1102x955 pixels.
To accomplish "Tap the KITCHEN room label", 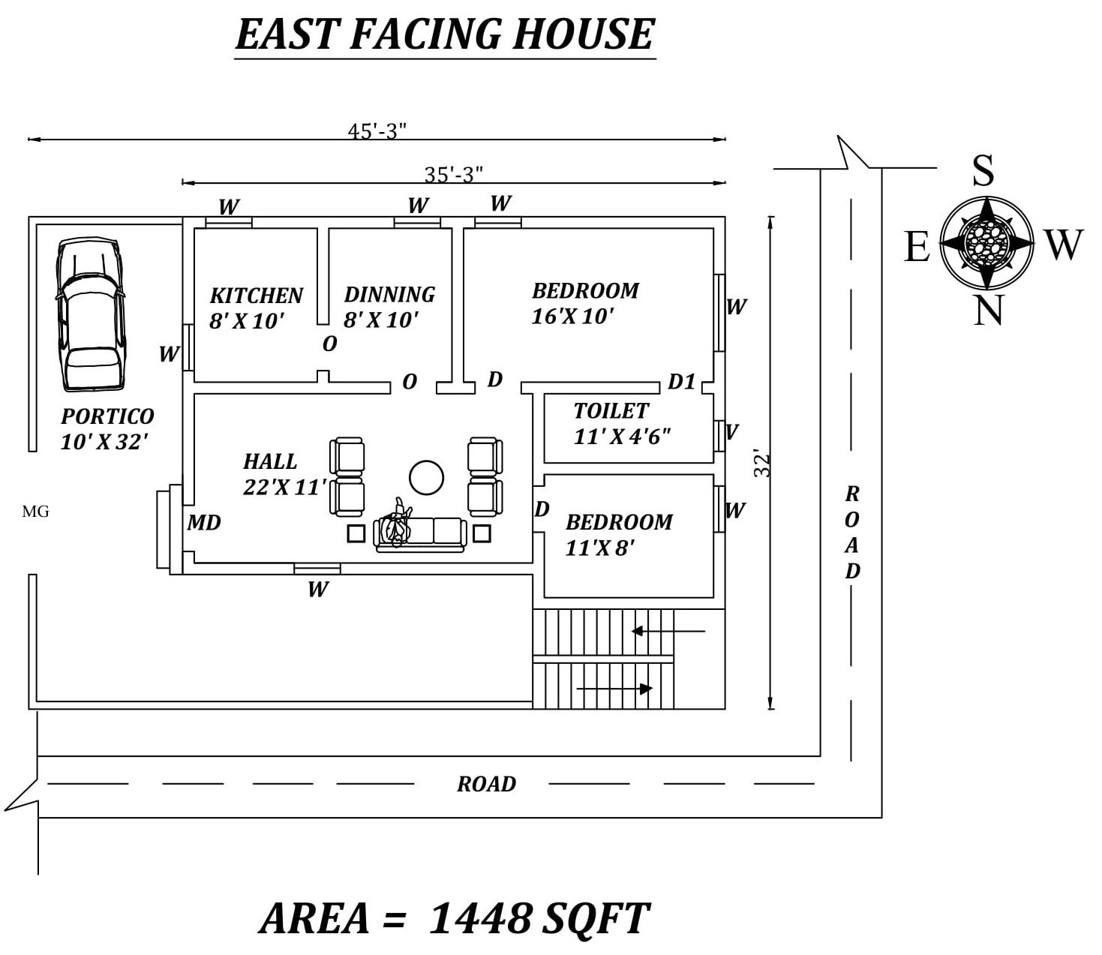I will pyautogui.click(x=257, y=296).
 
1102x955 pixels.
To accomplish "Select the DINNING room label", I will pyautogui.click(x=389, y=294).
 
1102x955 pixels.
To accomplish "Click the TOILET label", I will pyautogui.click(x=611, y=411).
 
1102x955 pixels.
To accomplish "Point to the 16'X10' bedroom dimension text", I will pyautogui.click(x=572, y=317).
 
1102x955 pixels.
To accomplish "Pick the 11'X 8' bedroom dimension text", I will pyautogui.click(x=599, y=548).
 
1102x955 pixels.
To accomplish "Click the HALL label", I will pyautogui.click(x=270, y=461).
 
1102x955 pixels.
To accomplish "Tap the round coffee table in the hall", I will pyautogui.click(x=426, y=478).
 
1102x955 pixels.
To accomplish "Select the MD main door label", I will pyautogui.click(x=204, y=523).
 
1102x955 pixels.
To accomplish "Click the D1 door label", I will pyautogui.click(x=682, y=382).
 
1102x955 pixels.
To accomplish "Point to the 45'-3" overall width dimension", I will pyautogui.click(x=377, y=131).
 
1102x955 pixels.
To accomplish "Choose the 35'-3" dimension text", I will pyautogui.click(x=453, y=175).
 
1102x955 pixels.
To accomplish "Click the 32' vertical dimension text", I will pyautogui.click(x=762, y=464).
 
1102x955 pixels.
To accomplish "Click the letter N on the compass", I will pyautogui.click(x=988, y=310).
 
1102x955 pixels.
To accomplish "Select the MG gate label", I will pyautogui.click(x=35, y=512).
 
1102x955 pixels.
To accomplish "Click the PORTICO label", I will pyautogui.click(x=107, y=416).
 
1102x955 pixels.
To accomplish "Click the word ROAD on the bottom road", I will pyautogui.click(x=486, y=784).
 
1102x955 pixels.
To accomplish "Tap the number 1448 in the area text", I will pyautogui.click(x=479, y=917).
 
